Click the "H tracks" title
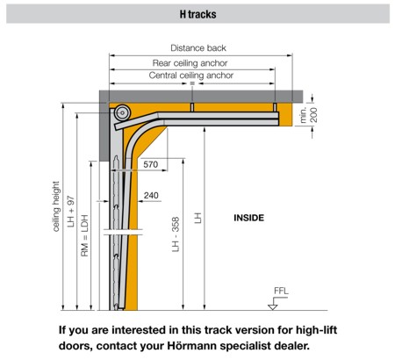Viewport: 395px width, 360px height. pos(197,14)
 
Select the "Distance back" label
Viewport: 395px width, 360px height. pos(198,48)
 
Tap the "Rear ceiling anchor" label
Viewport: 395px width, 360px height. pos(190,63)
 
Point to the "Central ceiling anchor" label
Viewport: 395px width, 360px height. pos(191,76)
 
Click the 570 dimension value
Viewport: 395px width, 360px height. pos(151,164)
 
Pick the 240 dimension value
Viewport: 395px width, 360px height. pos(151,195)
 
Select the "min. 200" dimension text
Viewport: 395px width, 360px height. pos(308,115)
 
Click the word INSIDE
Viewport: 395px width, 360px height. pos(248,218)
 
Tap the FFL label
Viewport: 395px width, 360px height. pos(281,291)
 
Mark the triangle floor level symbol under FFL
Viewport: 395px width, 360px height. pos(273,306)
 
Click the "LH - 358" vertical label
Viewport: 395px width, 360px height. pos(176,234)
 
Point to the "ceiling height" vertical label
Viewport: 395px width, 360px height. pos(56,206)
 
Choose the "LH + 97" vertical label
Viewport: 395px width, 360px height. pos(71,212)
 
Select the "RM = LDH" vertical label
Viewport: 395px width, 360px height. pos(84,235)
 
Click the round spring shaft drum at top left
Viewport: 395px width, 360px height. pos(122,112)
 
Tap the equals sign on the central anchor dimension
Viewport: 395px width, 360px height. pos(192,83)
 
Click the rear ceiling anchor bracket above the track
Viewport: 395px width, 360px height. pos(275,107)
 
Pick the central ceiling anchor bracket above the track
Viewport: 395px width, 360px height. pos(192,107)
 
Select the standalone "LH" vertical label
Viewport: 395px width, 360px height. pos(198,218)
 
